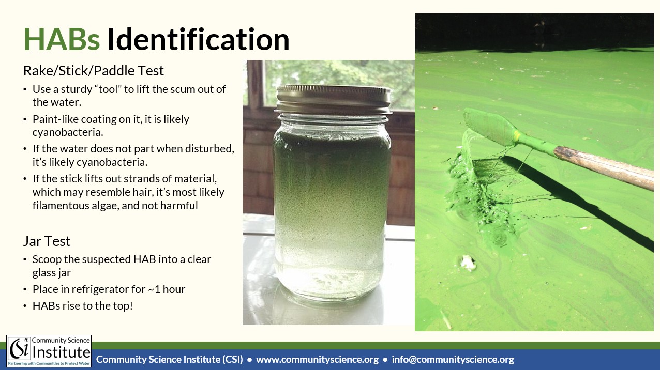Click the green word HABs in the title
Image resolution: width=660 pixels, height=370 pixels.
(62, 39)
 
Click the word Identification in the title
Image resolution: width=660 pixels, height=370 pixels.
(198, 39)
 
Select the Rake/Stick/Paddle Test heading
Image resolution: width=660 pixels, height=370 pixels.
(94, 71)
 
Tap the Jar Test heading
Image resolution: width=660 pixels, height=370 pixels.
(47, 241)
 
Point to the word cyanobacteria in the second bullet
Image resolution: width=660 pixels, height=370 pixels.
(68, 132)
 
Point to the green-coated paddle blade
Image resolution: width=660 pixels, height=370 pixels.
(489, 127)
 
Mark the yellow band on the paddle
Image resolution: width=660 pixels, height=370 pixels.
(517, 136)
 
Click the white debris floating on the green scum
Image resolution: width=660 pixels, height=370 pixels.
(467, 263)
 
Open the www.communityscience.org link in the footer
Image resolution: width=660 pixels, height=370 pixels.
(318, 359)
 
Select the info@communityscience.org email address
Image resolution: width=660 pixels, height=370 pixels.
(453, 359)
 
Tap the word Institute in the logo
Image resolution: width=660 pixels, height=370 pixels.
(61, 352)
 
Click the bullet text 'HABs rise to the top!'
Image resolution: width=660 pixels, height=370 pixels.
(83, 306)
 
